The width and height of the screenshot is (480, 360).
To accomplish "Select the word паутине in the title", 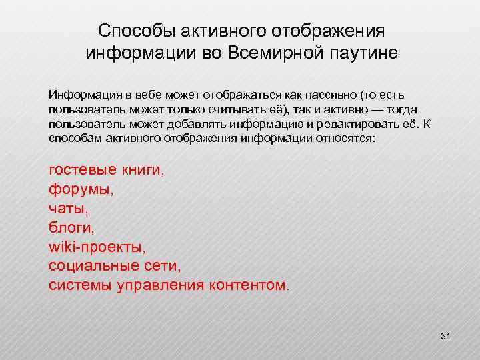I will point(363,53).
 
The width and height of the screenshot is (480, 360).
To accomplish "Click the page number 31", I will point(446,337).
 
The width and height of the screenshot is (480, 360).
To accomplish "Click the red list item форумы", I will point(81,189).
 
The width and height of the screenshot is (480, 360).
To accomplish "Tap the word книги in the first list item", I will point(143,170).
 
